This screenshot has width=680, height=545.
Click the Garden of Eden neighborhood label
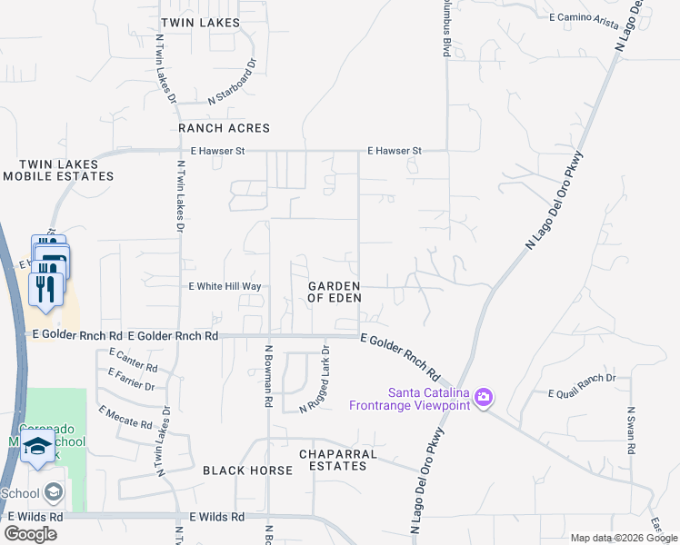pyautogui.click(x=335, y=292)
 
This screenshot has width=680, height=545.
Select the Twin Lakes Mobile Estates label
pyautogui.click(x=58, y=170)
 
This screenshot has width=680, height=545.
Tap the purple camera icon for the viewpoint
pyautogui.click(x=484, y=397)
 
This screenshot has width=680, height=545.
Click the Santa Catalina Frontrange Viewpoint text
pyautogui.click(x=410, y=398)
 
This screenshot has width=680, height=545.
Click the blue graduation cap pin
pyautogui.click(x=38, y=446)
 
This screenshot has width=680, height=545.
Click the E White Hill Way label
pyautogui.click(x=225, y=286)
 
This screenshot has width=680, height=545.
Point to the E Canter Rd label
pyautogui.click(x=133, y=360)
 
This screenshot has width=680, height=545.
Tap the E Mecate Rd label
pyautogui.click(x=121, y=415)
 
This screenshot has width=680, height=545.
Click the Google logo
pyautogui.click(x=30, y=534)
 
